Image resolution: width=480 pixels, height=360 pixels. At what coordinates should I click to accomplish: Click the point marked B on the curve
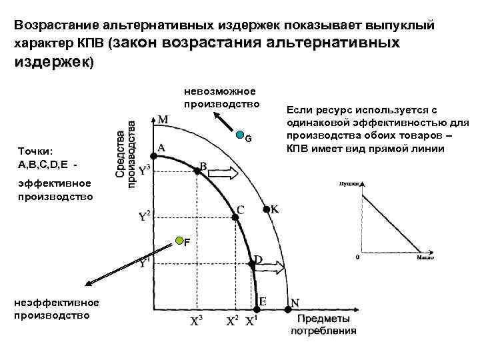197,171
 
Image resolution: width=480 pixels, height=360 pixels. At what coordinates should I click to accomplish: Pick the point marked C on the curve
235,215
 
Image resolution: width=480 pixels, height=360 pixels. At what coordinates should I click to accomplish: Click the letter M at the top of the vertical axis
163,119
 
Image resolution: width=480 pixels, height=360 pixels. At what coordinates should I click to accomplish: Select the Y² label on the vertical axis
144,216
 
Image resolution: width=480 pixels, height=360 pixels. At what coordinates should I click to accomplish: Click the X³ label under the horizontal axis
197,321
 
